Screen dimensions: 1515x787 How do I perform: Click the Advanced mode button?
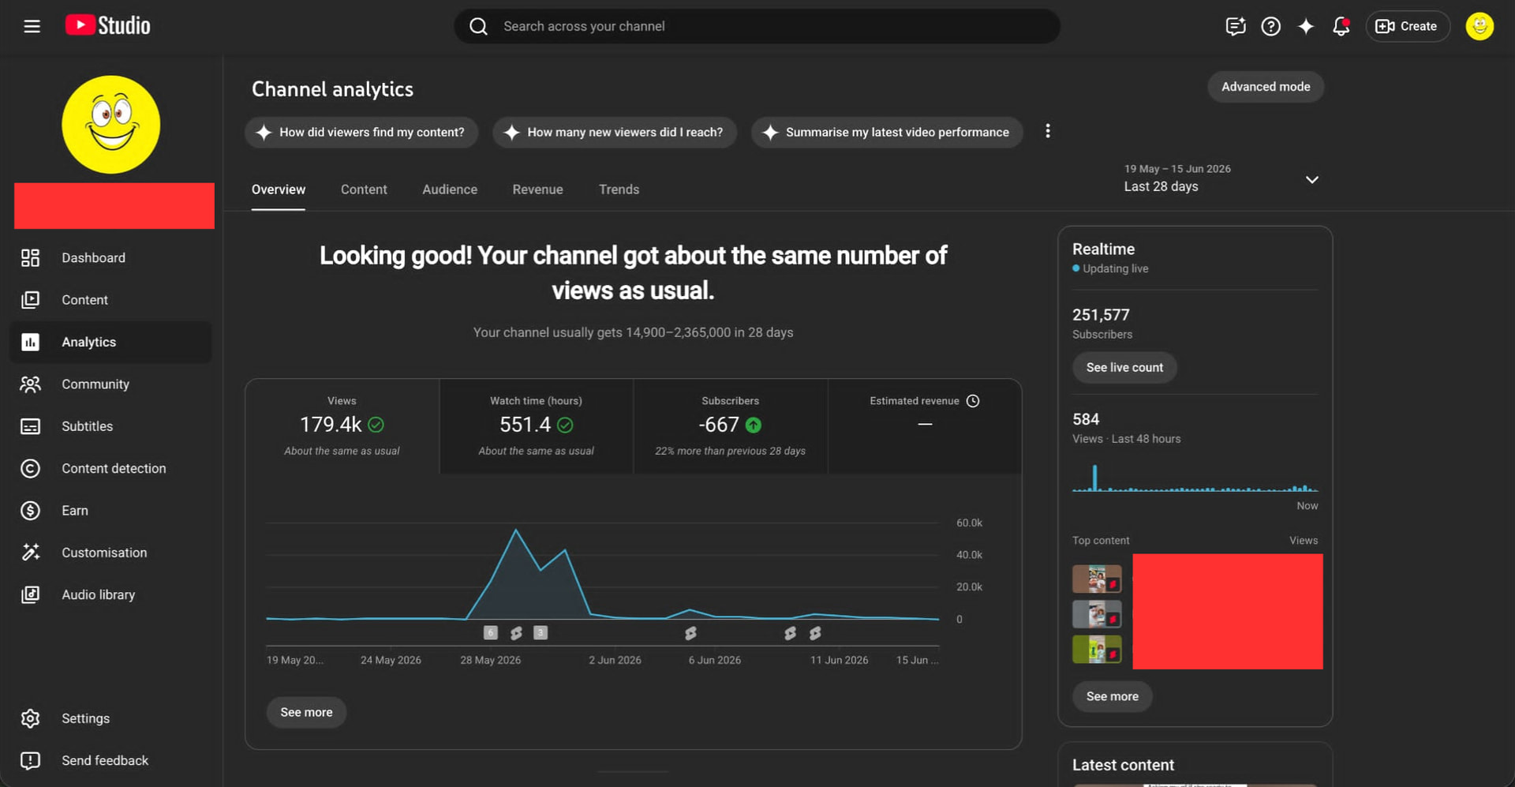coord(1266,87)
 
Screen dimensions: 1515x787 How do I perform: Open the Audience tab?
coord(450,189)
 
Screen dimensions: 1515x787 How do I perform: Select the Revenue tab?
coord(537,189)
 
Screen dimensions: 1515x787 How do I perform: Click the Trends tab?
coord(619,189)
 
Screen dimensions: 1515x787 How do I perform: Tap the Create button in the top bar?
coord(1408,26)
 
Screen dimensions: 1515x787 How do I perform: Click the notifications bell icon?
coord(1341,26)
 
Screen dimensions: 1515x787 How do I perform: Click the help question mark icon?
coord(1270,26)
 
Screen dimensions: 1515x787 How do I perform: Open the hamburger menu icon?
coord(32,26)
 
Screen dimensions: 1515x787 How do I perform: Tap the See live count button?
coord(1124,368)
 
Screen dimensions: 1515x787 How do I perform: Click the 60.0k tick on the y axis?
coord(969,523)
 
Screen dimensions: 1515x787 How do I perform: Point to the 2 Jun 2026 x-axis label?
coord(615,660)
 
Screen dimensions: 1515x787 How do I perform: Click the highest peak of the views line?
coord(516,530)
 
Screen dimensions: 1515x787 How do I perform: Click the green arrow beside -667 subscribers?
coord(754,425)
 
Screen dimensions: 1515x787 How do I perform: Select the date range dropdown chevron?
coord(1311,180)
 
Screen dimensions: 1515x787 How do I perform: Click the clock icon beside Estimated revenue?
coord(973,401)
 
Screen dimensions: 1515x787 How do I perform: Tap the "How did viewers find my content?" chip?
coord(361,133)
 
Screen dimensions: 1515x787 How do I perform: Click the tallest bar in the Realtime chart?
coord(1094,478)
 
